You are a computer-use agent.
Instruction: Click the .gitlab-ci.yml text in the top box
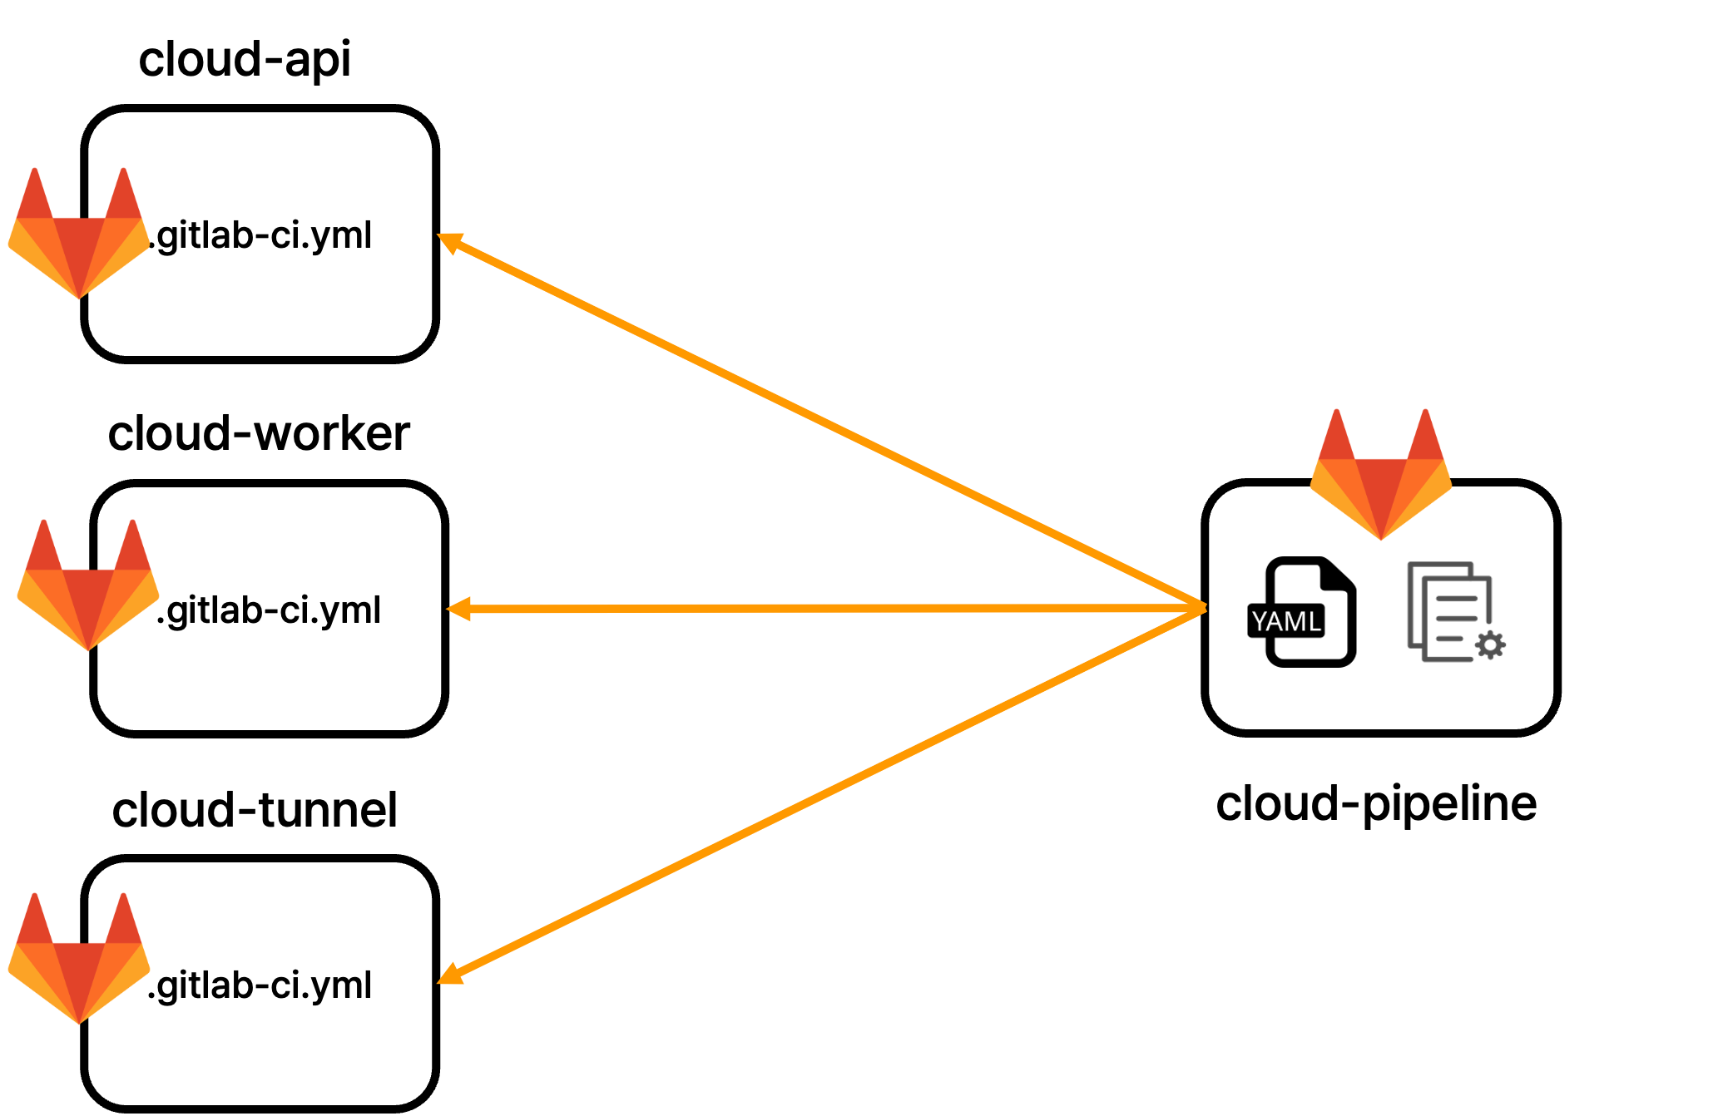pyautogui.click(x=260, y=235)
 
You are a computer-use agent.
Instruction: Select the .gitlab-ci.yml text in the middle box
pyautogui.click(x=270, y=610)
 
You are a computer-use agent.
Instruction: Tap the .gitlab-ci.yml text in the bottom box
pyautogui.click(x=260, y=985)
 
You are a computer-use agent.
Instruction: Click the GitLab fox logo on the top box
pyautogui.click(x=79, y=237)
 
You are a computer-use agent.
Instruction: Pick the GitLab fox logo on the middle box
pyautogui.click(x=87, y=588)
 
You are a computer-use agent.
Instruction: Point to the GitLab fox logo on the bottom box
pyautogui.click(x=79, y=962)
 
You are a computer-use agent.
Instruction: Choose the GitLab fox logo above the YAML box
pyautogui.click(x=1381, y=477)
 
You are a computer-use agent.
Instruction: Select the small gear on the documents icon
pyautogui.click(x=1490, y=645)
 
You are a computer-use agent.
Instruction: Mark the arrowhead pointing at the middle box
pyautogui.click(x=458, y=610)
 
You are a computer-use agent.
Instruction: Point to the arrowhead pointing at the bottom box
pyautogui.click(x=449, y=975)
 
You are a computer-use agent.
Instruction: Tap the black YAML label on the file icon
pyautogui.click(x=1286, y=621)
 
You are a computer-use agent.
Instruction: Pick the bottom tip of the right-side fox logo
pyautogui.click(x=1381, y=537)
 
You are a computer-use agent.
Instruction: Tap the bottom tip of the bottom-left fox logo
pyautogui.click(x=79, y=1021)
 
